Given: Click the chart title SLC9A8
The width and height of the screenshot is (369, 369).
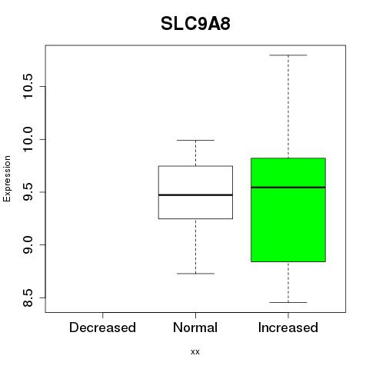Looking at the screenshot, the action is point(195,24).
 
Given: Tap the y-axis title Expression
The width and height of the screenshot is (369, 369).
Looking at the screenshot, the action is point(7,178).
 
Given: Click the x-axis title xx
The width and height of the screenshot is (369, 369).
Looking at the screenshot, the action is point(195,352).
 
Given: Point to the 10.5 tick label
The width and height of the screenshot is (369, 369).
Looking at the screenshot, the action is point(27,86).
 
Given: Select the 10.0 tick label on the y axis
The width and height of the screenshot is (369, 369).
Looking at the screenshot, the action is point(27,139).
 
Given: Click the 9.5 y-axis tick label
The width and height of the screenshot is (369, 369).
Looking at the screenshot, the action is point(27,192).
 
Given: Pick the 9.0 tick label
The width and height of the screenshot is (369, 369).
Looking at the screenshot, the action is point(27,245).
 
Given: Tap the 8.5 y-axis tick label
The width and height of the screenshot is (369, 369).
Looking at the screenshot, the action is point(27,298).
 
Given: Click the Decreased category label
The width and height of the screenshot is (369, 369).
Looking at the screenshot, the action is point(102,327).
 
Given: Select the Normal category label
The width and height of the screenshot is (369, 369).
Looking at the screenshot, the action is point(195,327).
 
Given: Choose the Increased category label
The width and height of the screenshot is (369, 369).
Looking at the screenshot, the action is point(288,327).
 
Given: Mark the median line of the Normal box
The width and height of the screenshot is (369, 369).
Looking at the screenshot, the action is point(195,195).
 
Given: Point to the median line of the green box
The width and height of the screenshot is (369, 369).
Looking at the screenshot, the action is point(288,188).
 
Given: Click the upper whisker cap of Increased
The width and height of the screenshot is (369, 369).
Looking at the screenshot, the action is point(288,55).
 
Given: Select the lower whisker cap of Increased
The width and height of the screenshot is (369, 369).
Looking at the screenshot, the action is point(288,302).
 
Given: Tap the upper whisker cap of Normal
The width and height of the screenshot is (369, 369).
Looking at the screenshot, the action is point(195,140).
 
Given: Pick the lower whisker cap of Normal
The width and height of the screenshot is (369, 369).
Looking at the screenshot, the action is point(195,274).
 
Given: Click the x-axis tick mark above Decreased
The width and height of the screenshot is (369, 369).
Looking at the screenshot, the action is point(102,315).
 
